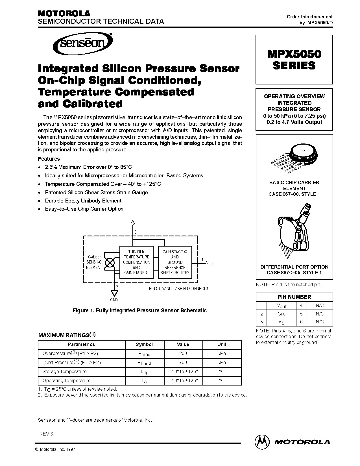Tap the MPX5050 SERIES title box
tap(294, 60)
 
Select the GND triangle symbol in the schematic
tap(114, 293)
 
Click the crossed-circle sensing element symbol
tap(110, 263)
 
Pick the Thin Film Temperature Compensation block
tap(136, 262)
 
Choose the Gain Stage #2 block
tap(175, 262)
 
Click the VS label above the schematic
tap(132, 223)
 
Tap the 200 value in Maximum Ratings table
tap(183, 353)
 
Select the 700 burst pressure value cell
tap(183, 362)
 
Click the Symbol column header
tap(144, 344)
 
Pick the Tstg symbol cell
tap(144, 372)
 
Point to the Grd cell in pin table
tap(281, 314)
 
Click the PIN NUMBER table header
tap(294, 297)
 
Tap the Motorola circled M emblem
tap(262, 441)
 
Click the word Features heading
tap(49, 159)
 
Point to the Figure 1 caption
tap(139, 310)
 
